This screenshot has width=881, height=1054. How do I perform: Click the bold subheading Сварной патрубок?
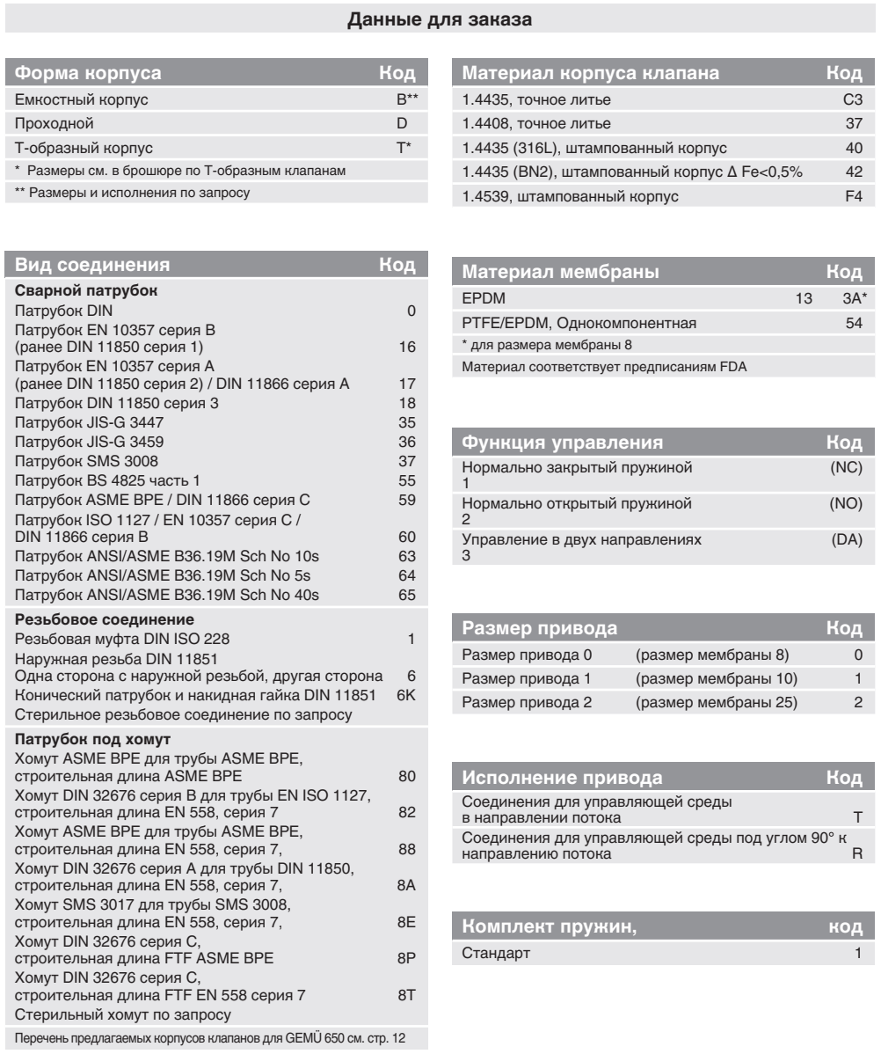pos(67,289)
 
